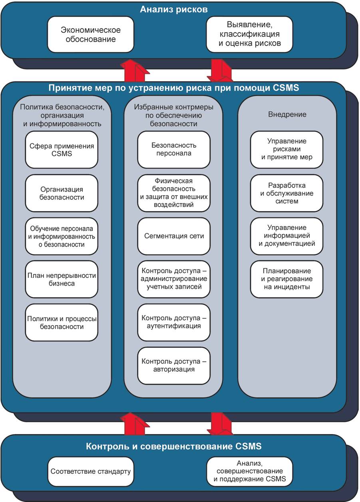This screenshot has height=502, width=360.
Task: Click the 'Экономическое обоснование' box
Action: point(91,34)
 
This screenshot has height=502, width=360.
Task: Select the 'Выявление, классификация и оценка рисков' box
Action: point(249,34)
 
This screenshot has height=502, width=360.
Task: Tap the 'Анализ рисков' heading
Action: point(174,10)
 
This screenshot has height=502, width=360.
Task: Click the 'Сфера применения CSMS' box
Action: point(62,150)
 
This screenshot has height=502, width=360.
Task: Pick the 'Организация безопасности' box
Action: point(62,193)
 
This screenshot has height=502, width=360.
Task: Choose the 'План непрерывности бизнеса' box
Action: point(62,279)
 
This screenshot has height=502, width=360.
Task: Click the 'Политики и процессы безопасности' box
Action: point(62,323)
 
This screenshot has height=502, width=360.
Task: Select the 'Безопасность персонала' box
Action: point(174,150)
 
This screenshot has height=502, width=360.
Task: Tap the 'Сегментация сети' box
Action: point(174,236)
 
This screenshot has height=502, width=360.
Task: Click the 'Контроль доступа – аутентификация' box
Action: point(174,323)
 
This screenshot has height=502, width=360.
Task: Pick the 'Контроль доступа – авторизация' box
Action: point(174,366)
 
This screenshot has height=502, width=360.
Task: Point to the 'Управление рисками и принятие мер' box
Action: point(287,150)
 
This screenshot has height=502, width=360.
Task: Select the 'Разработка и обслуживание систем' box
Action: point(287,193)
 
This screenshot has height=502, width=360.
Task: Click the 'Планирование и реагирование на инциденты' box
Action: point(287,279)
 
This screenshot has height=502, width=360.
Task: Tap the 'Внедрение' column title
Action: point(287,115)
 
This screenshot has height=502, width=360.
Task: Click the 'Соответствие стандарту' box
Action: point(91,471)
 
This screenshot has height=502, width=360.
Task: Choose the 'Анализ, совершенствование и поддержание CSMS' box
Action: point(249,471)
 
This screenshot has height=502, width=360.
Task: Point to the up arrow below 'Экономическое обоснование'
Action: point(135,71)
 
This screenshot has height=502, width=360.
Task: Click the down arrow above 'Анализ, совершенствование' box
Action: point(220,424)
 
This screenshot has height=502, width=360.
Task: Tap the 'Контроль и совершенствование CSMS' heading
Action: point(174,446)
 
